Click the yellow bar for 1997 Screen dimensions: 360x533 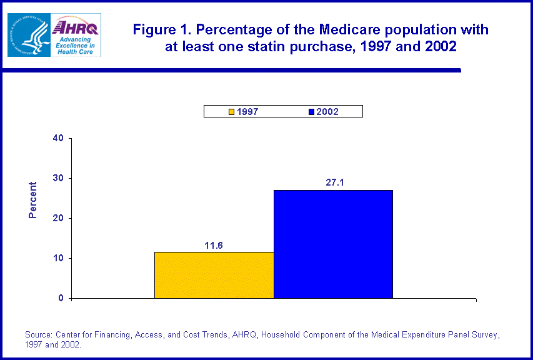click(214, 275)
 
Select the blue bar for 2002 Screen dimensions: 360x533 click(333, 244)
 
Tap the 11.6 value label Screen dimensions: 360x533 click(214, 245)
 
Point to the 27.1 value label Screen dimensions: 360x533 click(333, 183)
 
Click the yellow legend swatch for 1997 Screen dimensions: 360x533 click(231, 112)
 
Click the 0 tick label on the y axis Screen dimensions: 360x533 click(61, 299)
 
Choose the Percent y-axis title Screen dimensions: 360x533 click(33, 200)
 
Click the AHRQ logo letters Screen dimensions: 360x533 click(76, 27)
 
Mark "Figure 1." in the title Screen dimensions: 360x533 click(162, 30)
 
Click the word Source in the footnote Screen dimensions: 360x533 click(39, 335)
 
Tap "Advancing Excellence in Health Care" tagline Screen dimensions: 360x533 click(74, 45)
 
